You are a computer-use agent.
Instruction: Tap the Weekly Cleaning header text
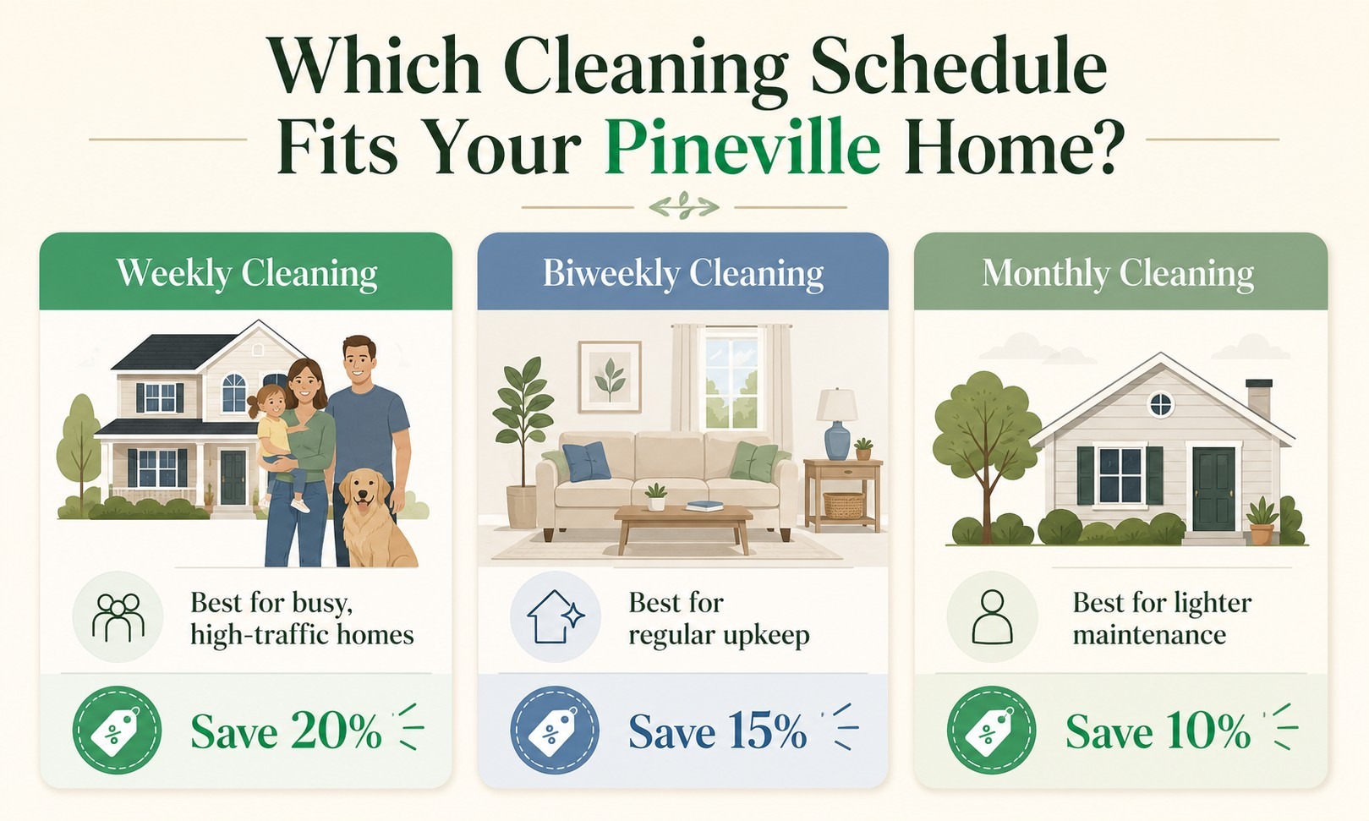pyautogui.click(x=247, y=273)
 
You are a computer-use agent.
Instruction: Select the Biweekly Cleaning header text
pyautogui.click(x=683, y=273)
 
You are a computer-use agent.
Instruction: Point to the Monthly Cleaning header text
pyautogui.click(x=1118, y=273)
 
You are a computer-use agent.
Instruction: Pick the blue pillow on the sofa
pyautogui.click(x=586, y=462)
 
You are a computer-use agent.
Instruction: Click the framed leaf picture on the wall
pyautogui.click(x=610, y=376)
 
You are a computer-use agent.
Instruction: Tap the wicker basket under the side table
pyautogui.click(x=844, y=505)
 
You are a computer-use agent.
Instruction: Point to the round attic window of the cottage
pyautogui.click(x=1161, y=404)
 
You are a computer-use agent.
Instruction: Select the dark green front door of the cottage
pyautogui.click(x=1213, y=489)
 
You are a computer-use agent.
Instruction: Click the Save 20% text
pyautogui.click(x=286, y=731)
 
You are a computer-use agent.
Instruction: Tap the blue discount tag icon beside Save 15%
pyautogui.click(x=555, y=730)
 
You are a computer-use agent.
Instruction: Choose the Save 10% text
pyautogui.click(x=1158, y=731)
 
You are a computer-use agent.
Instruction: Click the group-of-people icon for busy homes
pyautogui.click(x=118, y=617)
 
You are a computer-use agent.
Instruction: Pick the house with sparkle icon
pyautogui.click(x=556, y=616)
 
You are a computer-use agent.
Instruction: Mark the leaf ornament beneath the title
pyautogui.click(x=684, y=206)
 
